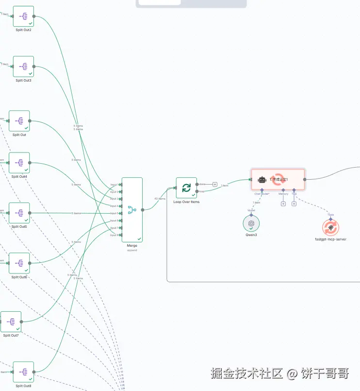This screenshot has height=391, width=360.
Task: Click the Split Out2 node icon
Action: point(23,17)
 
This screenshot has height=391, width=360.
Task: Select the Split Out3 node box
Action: point(23,67)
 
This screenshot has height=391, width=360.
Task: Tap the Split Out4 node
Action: point(19,163)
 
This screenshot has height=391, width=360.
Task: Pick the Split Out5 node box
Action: point(19,213)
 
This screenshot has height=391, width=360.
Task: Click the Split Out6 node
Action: point(19,263)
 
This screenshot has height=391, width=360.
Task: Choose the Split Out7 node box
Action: point(11,322)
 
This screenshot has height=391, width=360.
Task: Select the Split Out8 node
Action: point(23,372)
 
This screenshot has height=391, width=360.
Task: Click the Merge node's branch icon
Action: point(132,210)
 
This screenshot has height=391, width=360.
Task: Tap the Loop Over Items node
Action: point(186,187)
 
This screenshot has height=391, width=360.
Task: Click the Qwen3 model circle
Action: point(251,223)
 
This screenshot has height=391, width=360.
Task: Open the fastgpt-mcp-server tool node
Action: point(330,227)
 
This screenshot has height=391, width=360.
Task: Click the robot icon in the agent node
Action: point(262,179)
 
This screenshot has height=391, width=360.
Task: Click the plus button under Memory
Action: point(283,204)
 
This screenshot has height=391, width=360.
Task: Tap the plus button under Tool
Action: point(294,204)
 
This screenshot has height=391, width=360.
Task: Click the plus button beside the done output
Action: point(215,184)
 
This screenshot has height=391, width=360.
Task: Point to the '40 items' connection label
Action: point(160,198)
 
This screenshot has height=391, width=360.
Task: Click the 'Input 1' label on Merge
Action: point(114,185)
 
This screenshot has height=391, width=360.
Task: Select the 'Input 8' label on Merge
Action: point(114,235)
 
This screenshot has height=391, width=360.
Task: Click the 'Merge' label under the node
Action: point(132,246)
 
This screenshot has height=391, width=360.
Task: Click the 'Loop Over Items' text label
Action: point(186,202)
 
